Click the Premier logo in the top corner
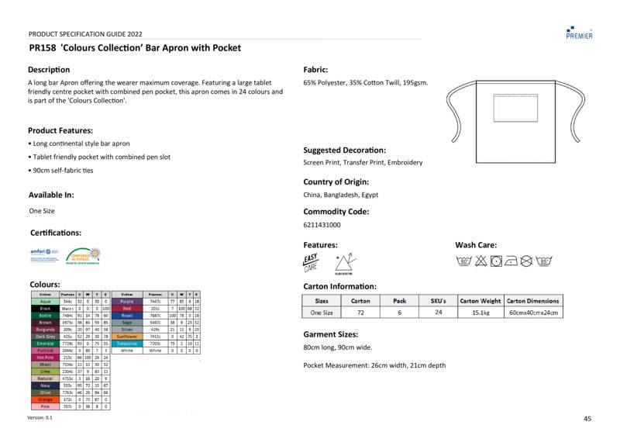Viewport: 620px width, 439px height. click(x=580, y=31)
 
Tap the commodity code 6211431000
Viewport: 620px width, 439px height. click(x=322, y=225)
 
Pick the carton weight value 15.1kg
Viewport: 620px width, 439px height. click(x=480, y=313)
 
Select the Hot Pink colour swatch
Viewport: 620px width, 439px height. click(x=44, y=357)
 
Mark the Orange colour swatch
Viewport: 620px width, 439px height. click(x=44, y=399)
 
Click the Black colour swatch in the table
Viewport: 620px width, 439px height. click(x=44, y=308)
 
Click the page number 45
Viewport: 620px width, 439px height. click(x=587, y=418)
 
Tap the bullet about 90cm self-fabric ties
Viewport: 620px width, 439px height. click(x=60, y=170)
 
